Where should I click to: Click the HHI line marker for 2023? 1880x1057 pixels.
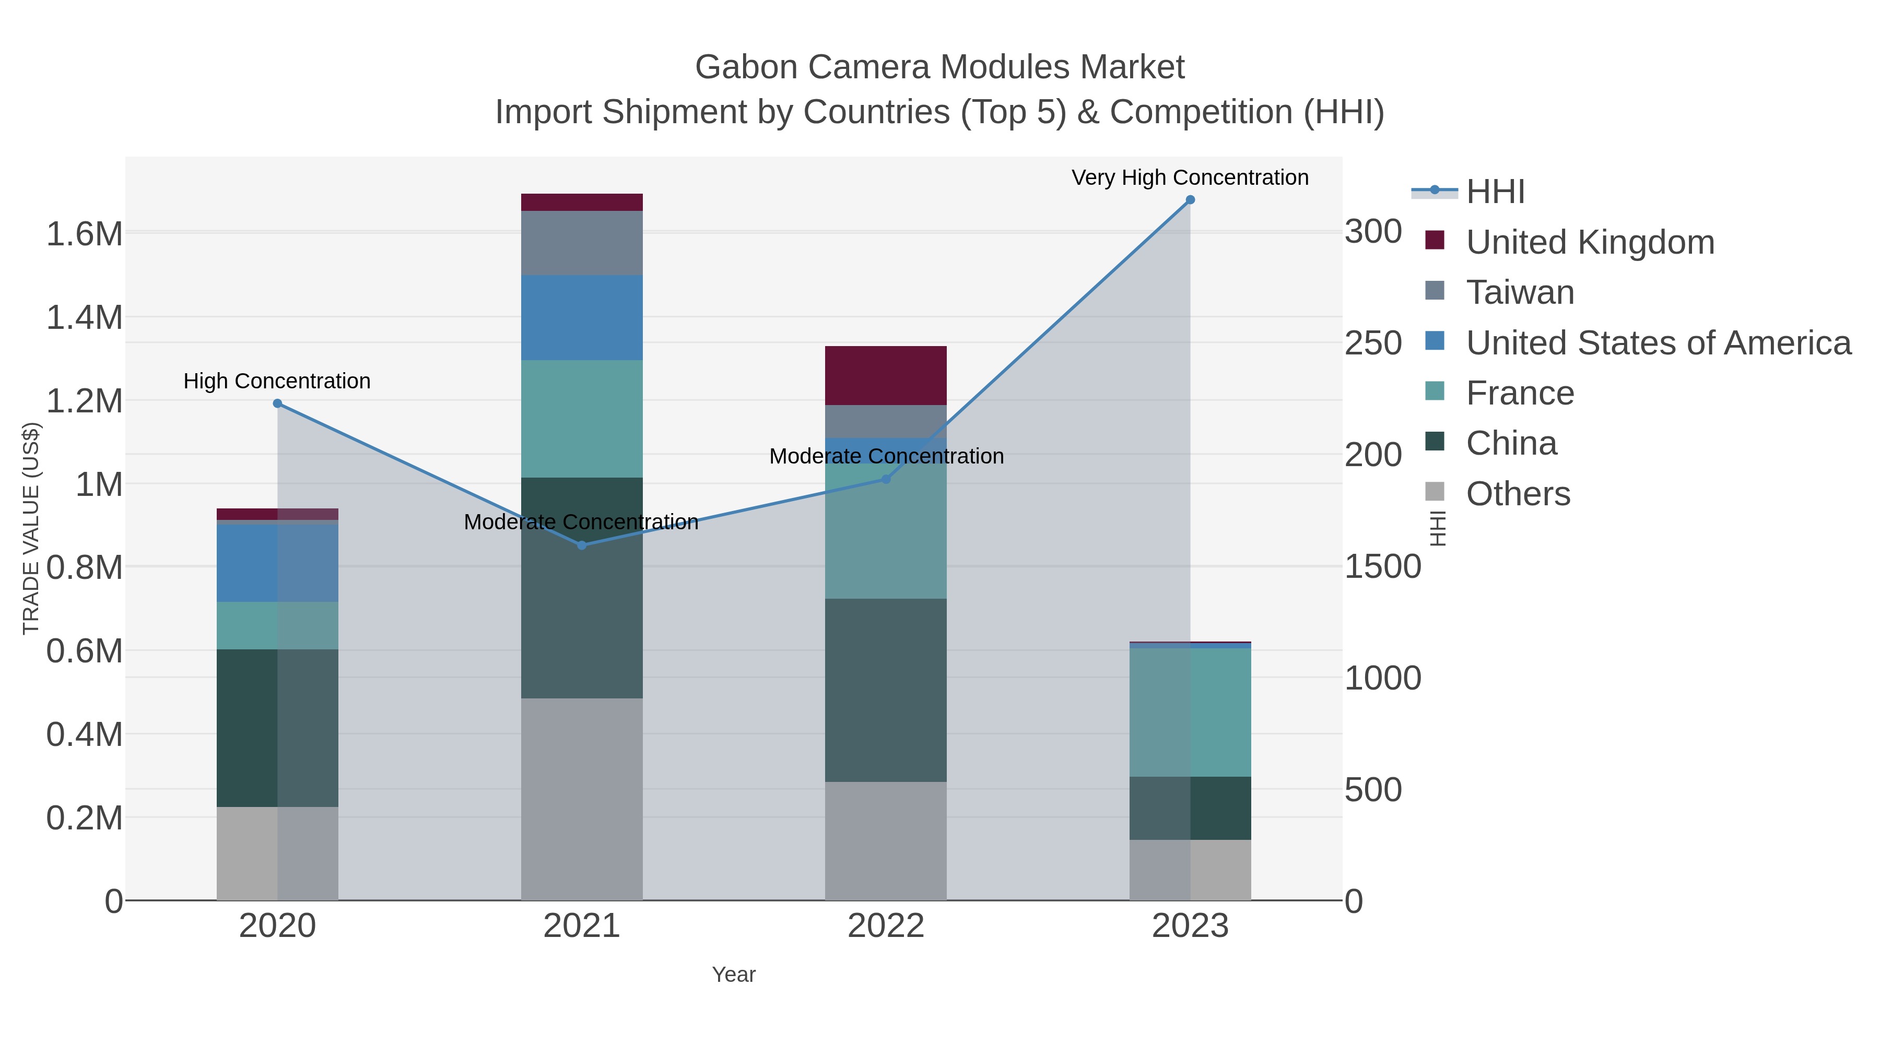(1190, 200)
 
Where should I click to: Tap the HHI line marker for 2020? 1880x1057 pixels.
(277, 403)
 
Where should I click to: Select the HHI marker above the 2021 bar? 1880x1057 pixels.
(582, 545)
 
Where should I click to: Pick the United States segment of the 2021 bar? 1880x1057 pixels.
(582, 317)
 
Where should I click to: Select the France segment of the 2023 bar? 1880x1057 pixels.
(1190, 712)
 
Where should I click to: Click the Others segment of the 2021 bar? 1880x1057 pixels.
(582, 799)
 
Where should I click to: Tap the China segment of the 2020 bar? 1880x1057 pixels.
(277, 728)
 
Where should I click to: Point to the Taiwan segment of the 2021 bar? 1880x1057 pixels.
(582, 243)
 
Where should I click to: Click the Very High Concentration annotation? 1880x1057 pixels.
(1190, 177)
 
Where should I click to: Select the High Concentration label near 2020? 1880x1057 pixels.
(277, 381)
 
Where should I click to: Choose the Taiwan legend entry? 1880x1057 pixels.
(1520, 292)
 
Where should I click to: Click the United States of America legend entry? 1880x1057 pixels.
(1658, 343)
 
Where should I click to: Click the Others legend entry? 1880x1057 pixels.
(1518, 494)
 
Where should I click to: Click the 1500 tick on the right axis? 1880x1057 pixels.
(1382, 567)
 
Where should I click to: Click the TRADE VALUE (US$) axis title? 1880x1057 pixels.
(31, 528)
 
